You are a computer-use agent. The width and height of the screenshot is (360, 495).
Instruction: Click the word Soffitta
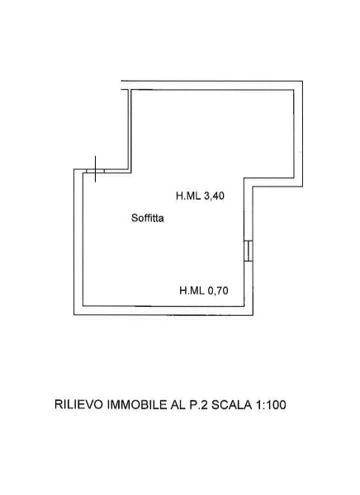[x=148, y=218]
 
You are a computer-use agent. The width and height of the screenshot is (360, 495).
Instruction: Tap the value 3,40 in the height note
[x=214, y=196]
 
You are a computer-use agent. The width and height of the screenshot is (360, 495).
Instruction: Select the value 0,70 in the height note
[x=218, y=290]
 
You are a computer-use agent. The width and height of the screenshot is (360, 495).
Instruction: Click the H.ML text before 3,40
[x=188, y=196]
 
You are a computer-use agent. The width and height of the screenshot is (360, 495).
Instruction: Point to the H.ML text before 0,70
[x=192, y=290]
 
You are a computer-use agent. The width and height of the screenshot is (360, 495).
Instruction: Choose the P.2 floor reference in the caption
[x=198, y=404]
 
